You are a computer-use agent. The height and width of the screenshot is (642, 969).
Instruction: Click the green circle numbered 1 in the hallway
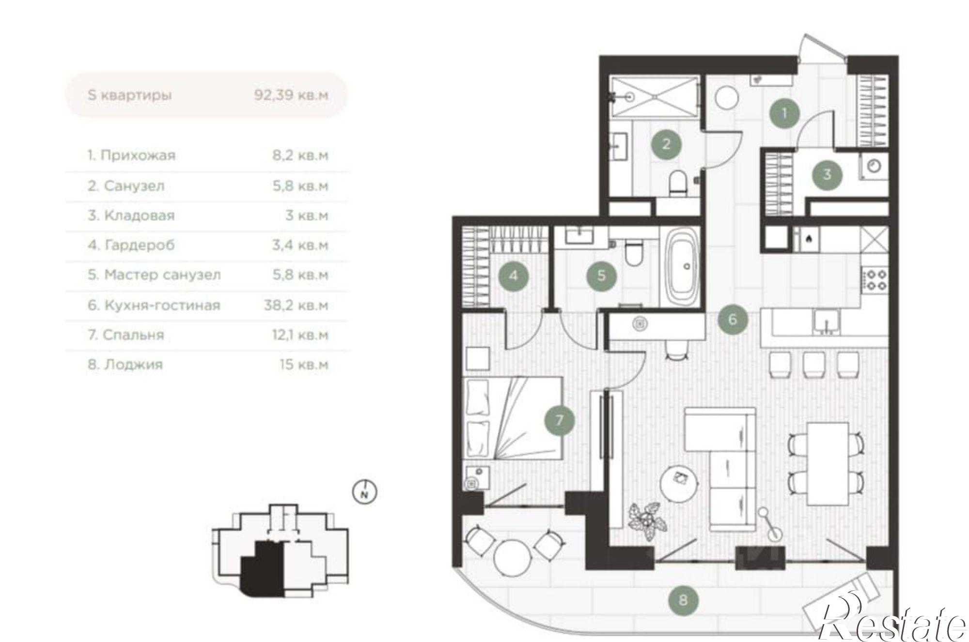(x=784, y=113)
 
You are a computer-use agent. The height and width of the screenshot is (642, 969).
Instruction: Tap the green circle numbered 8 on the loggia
(x=683, y=600)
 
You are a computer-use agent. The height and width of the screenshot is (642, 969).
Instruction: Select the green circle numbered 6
(x=733, y=319)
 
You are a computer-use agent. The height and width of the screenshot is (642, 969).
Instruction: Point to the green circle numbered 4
(x=514, y=275)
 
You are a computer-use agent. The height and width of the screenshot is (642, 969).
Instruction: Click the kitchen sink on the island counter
(x=827, y=322)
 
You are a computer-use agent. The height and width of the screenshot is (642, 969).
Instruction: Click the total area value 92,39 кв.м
(x=291, y=95)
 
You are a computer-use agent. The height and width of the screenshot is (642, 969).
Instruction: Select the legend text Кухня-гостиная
(x=162, y=305)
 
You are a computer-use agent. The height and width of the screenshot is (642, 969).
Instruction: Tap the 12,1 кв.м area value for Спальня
(x=300, y=335)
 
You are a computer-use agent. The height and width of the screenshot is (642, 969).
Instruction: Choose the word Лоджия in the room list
(x=133, y=365)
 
